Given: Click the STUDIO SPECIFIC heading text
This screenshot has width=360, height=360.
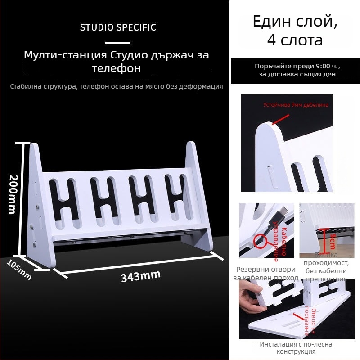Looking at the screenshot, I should tap(118, 27).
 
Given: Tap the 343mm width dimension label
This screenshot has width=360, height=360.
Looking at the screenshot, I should tap(140, 276).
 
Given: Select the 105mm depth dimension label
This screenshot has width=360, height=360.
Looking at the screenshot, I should tap(19, 270).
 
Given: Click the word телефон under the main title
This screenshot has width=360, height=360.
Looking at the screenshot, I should tap(117, 68).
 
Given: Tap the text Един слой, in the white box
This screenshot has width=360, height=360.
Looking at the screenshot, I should tap(295, 21).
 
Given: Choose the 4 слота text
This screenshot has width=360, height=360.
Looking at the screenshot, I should tap(295, 40).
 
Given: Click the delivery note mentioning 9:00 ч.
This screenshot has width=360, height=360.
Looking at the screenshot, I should tap(297, 70).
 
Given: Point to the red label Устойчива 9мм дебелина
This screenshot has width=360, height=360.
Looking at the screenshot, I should tap(296, 105).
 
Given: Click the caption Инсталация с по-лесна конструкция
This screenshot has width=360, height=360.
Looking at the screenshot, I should tap(296, 348).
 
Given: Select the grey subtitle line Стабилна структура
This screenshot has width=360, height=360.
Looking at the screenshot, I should tap(117, 86).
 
